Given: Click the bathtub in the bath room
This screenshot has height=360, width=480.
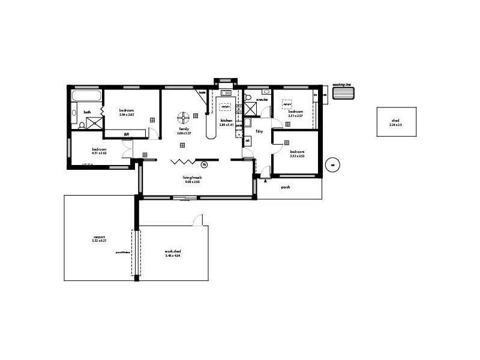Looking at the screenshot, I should coord(86,96).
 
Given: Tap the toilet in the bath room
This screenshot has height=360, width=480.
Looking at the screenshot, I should coord(82,125).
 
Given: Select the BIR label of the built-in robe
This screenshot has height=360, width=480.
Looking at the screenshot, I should coord(127,134).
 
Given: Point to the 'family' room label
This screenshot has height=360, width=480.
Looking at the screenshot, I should coord(184,129).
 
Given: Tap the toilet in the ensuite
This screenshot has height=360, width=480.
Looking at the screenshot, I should coord(248,97).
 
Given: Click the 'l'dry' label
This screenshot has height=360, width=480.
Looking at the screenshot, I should coord(260,130).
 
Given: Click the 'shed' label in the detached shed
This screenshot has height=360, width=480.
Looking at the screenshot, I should coord(395,121).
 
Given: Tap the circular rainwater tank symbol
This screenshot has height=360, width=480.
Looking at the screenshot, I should coord(332,165).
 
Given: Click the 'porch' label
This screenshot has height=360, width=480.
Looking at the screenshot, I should coord(285,187).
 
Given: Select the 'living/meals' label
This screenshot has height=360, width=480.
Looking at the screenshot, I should coord(192,178).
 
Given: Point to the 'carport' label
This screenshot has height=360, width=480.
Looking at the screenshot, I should coord(100,236).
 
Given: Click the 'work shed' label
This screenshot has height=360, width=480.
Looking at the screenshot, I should coord(173,251).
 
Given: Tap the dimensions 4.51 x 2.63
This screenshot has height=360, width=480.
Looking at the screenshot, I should coord(99,153).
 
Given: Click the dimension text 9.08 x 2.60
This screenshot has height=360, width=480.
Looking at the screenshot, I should coord(192,182).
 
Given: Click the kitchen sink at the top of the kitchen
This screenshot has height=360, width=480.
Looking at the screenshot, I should coord(227,93).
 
